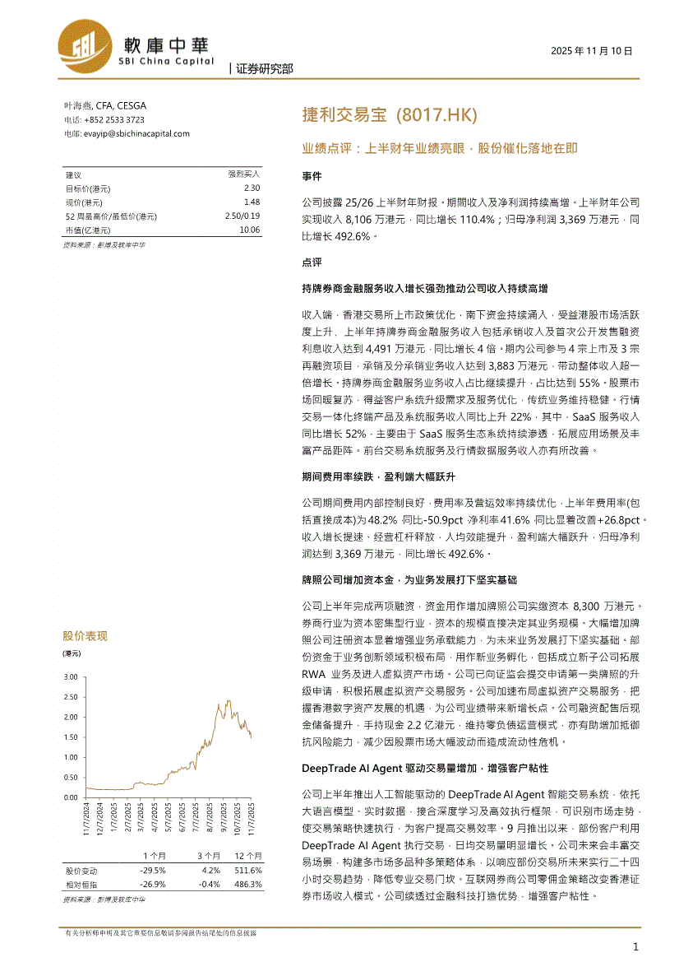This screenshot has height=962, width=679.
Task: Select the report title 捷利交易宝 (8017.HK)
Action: coord(390,115)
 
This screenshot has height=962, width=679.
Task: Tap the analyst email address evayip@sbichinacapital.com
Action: coord(136,133)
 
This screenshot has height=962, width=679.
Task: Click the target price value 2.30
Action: coord(252,188)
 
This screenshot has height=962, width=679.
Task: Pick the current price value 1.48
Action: coord(252,202)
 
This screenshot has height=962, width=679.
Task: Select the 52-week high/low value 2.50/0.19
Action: coord(242,216)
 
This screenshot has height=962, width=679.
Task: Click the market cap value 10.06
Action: coord(249,230)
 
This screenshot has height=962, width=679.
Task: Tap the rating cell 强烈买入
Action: coord(243,174)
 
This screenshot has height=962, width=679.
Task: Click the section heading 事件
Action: coord(312,176)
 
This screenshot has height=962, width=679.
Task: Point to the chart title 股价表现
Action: coord(85,635)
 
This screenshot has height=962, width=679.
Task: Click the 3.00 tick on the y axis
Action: coord(70,676)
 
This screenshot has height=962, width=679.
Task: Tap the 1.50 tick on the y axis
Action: coord(70,737)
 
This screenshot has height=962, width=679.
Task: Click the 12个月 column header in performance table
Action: coord(247,856)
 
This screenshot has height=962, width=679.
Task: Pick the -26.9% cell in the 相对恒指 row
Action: coord(153,884)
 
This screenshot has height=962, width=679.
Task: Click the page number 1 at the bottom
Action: coord(635,947)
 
